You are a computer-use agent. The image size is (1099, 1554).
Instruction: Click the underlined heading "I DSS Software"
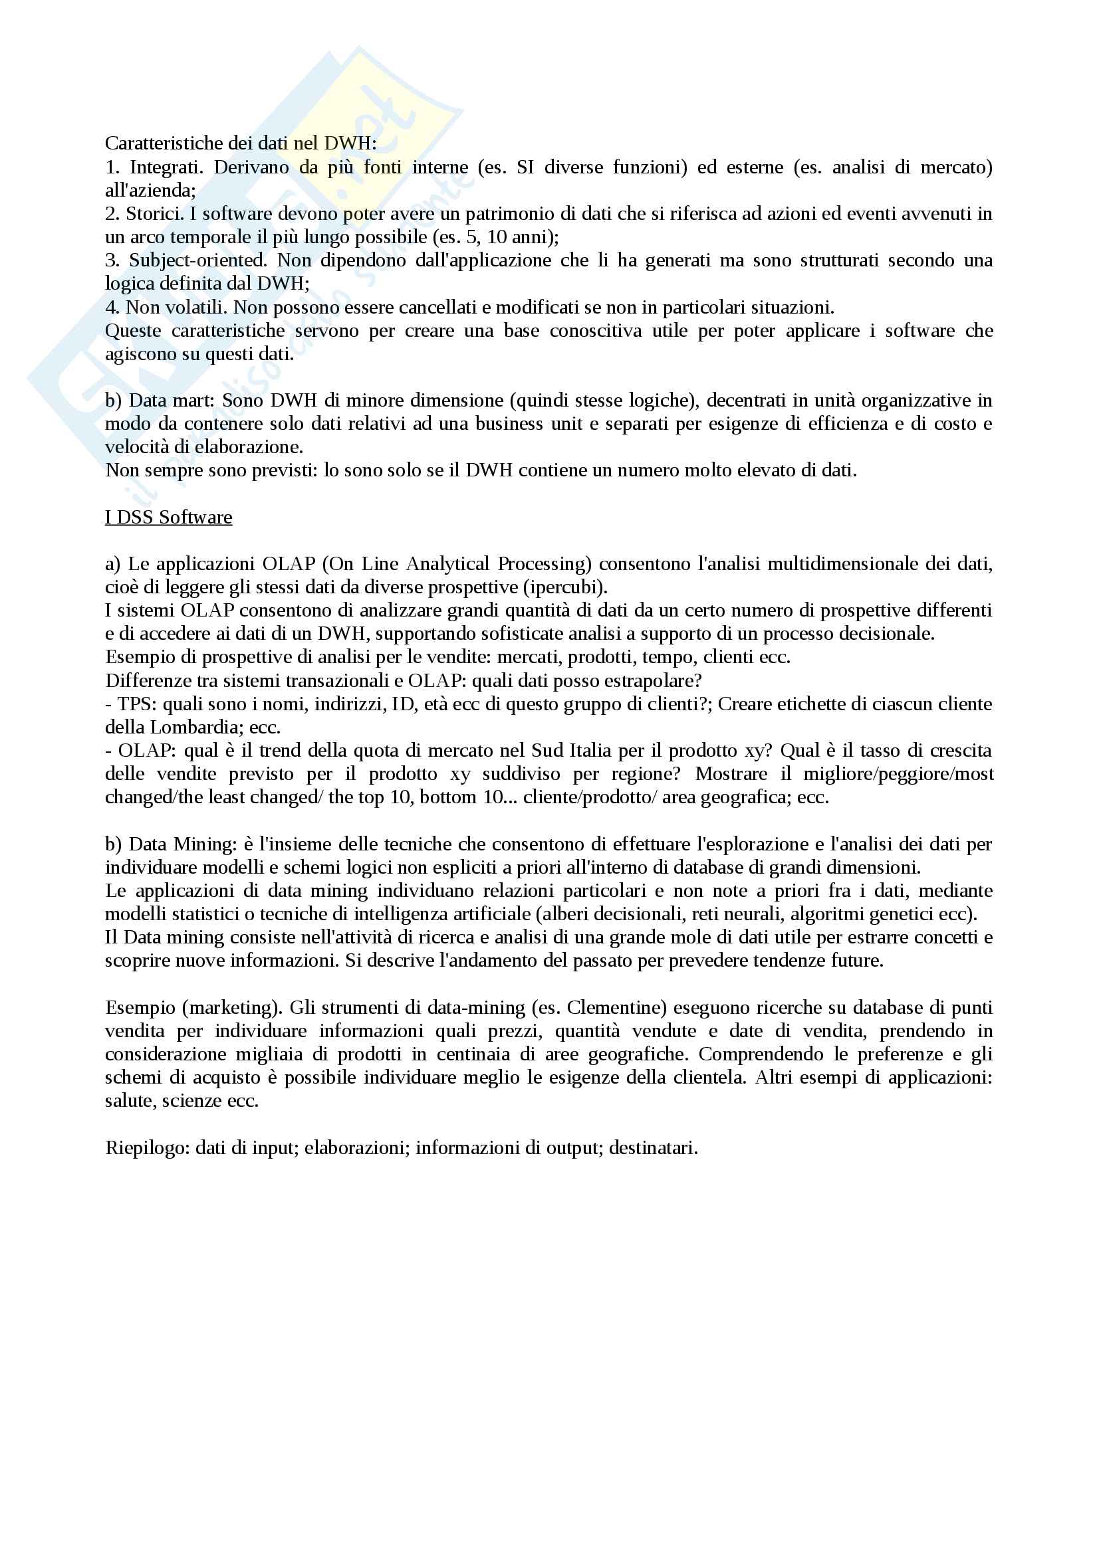click(168, 517)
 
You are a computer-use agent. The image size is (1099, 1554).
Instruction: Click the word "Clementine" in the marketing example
click(613, 1008)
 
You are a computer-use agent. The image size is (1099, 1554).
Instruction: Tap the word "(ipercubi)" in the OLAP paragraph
click(572, 587)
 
